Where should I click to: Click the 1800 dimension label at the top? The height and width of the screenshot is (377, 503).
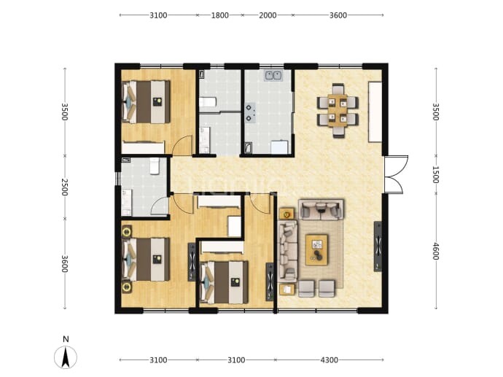tap(219, 15)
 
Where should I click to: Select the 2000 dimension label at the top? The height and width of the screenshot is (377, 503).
tap(268, 15)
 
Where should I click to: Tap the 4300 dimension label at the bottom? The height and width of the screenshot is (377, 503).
tap(329, 360)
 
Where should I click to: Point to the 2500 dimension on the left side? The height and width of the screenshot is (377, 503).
tap(65, 187)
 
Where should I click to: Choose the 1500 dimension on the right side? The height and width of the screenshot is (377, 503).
tap(435, 174)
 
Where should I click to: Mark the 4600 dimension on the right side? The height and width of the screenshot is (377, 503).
tap(435, 251)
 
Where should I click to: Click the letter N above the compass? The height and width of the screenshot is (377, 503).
tap(66, 339)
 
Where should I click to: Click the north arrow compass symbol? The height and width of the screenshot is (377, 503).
tap(66, 357)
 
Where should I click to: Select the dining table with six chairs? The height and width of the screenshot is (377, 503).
tap(338, 111)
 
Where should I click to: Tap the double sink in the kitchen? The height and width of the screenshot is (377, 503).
tap(273, 75)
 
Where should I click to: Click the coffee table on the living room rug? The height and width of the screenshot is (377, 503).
tap(316, 250)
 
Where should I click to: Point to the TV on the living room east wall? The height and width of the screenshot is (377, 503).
tap(378, 246)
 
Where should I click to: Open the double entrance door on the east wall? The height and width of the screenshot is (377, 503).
tap(395, 174)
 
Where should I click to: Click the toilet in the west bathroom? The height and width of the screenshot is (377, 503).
tap(155, 166)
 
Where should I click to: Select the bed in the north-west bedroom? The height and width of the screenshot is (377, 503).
tap(146, 101)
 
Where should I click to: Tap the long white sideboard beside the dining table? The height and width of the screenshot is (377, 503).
tap(375, 112)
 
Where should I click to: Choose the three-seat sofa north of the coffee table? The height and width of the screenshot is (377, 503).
tap(321, 209)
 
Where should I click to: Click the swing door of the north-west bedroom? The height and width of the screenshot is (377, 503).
tap(182, 146)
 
